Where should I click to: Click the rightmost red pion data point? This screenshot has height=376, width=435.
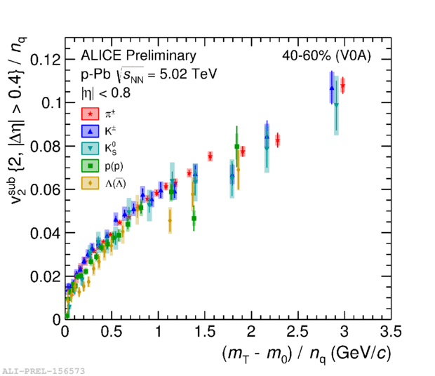click(x=342, y=86)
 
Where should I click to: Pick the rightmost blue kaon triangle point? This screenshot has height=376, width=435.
click(x=331, y=88)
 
